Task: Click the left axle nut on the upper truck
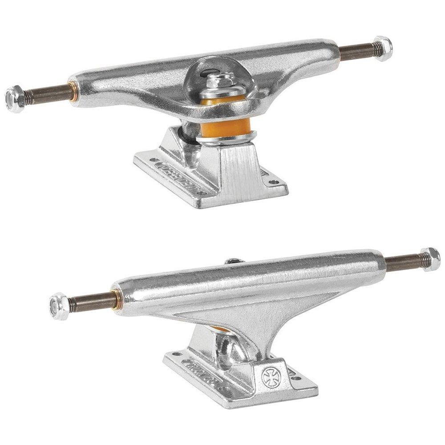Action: pos(15,98)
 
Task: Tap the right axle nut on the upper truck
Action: pos(382,47)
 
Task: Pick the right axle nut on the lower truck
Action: pos(430,259)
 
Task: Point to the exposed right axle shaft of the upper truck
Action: pos(356,52)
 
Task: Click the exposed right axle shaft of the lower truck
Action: pos(403,263)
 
